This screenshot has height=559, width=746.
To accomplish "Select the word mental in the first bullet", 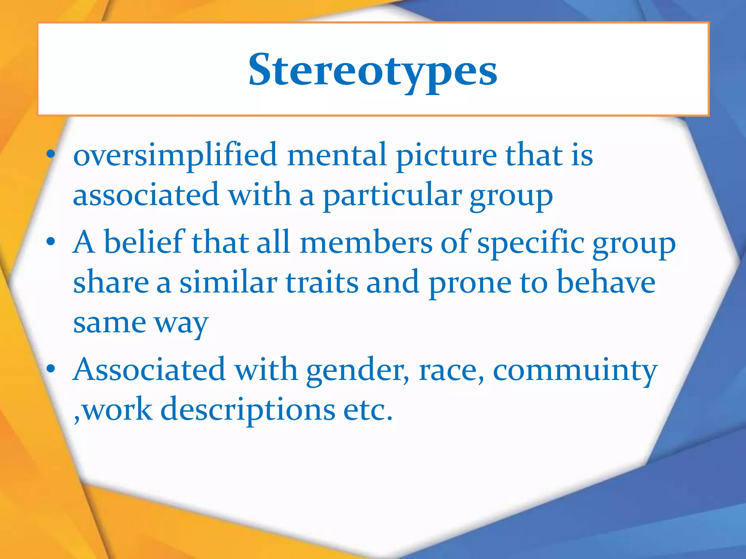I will coord(337,155).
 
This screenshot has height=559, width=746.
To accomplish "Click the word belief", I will coord(144,242).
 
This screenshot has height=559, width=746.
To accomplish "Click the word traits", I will coord(322,282).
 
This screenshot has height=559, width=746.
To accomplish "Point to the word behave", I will coord(606,282).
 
